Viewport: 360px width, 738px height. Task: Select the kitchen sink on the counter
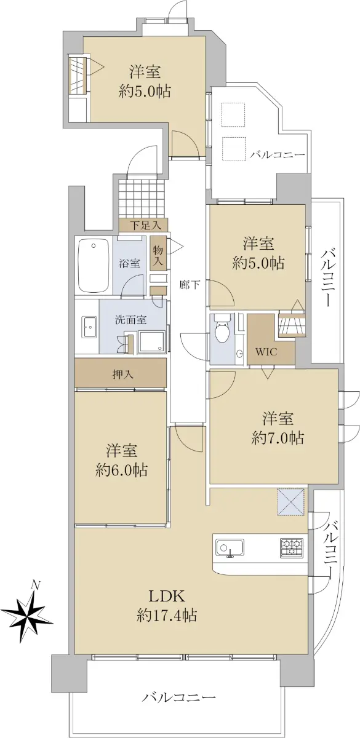tap(230, 549)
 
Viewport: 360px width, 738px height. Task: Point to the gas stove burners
tap(292, 547)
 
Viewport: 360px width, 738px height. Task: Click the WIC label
tap(266, 352)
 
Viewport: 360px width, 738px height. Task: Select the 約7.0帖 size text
tap(278, 438)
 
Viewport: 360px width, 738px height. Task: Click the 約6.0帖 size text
tap(121, 470)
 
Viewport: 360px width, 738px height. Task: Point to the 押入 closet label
tap(122, 374)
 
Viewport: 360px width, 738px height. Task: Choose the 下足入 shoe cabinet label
tap(145, 226)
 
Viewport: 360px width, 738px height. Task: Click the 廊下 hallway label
tap(190, 284)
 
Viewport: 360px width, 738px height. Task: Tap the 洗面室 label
tap(130, 320)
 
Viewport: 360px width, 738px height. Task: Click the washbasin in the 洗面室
tap(89, 327)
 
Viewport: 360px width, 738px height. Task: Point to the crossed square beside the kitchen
tap(290, 501)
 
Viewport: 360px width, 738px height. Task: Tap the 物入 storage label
tap(158, 255)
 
